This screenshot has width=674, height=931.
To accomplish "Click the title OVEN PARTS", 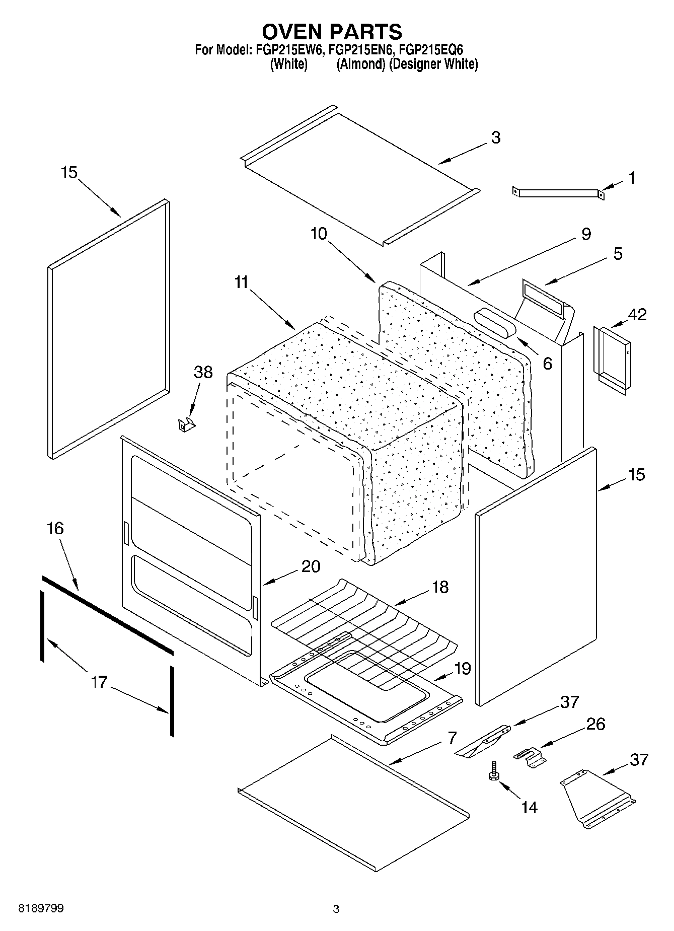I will click(332, 31).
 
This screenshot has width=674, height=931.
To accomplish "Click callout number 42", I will click(636, 314).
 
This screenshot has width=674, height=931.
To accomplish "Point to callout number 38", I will click(203, 373).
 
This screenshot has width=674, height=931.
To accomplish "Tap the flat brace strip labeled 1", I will click(558, 192).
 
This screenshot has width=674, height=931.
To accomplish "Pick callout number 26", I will click(595, 724).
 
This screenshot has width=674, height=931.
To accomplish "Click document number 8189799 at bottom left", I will click(41, 908).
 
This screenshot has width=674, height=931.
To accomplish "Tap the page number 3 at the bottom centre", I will click(336, 909).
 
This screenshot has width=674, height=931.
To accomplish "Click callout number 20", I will click(311, 566).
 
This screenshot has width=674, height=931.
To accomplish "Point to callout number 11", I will click(242, 282).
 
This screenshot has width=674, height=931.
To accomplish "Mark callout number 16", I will click(55, 528).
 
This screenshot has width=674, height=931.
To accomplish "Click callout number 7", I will click(452, 738).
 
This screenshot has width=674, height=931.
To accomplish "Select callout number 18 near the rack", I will click(440, 587).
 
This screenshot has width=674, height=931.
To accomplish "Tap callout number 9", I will click(586, 234).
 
